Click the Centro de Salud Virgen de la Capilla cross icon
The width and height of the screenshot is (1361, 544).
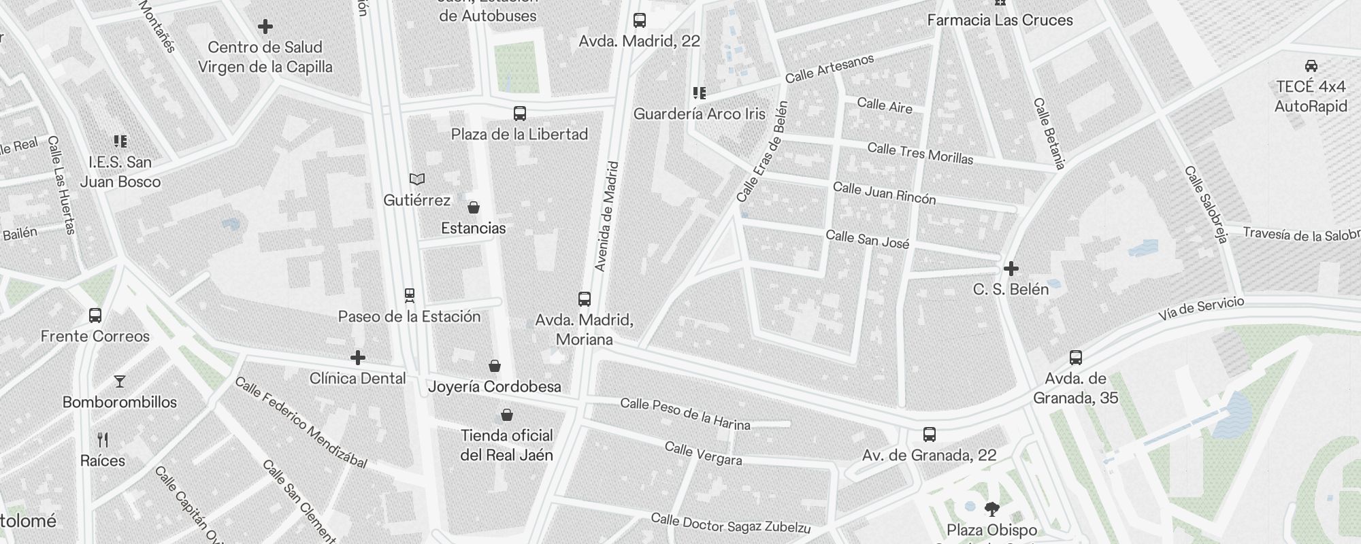tap(265, 27)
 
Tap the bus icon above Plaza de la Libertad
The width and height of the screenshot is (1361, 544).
tap(520, 113)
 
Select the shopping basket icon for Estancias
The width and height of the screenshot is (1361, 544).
tap(474, 207)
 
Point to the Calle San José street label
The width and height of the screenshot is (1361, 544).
tap(867, 239)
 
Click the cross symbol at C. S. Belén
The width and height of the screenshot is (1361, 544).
tap(1011, 269)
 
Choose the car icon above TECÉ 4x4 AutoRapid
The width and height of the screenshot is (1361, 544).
tap(1311, 66)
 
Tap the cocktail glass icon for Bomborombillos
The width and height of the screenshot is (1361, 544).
tap(120, 381)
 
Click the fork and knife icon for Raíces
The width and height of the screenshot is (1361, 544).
tap(103, 440)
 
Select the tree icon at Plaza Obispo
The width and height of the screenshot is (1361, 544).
tap(992, 509)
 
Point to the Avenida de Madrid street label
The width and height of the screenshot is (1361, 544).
tap(607, 216)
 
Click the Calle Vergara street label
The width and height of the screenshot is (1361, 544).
tap(703, 454)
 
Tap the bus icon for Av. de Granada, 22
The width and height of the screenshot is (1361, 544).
tap(930, 435)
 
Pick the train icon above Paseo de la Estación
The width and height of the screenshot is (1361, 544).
tap(410, 296)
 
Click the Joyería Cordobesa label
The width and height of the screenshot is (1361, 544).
tap(495, 387)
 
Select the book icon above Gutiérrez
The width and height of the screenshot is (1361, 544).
tap(417, 180)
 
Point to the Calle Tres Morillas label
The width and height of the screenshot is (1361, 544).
tap(920, 154)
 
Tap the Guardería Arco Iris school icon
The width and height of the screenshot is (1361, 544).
tap(700, 92)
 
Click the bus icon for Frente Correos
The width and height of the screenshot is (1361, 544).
tap(95, 316)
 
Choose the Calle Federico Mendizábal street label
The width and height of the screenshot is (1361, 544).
tap(301, 423)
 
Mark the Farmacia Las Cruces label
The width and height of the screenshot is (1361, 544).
tap(1000, 20)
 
